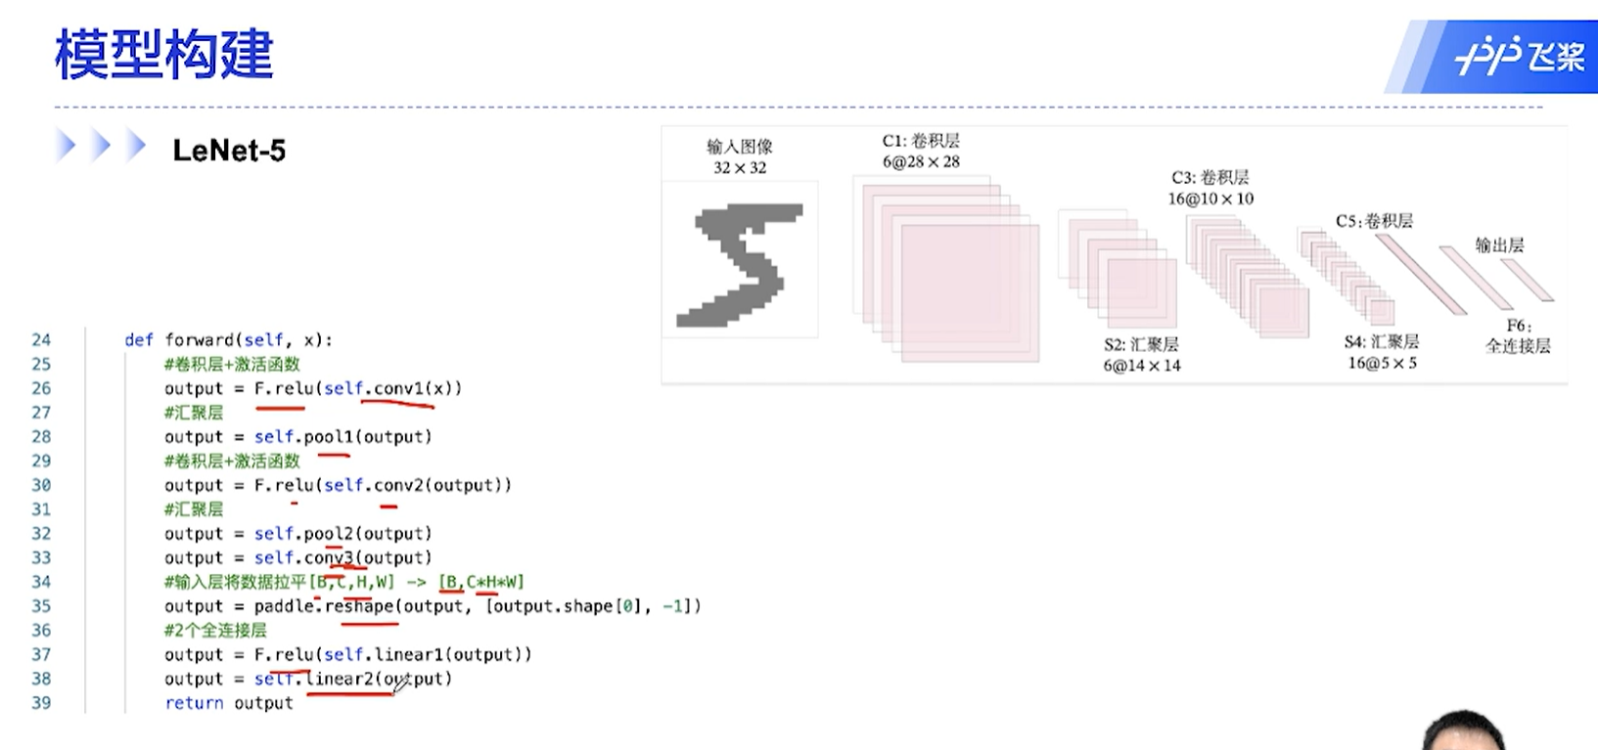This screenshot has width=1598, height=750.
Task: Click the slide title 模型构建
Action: pos(163,55)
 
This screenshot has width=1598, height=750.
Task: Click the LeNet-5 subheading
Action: pos(229,151)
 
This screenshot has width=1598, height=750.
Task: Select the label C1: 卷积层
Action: pos(921,141)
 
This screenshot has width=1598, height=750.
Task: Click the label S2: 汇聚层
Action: pos(1141,344)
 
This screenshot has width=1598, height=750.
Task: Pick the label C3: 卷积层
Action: pos(1210,177)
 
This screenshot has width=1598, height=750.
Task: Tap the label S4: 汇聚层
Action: pos(1382,341)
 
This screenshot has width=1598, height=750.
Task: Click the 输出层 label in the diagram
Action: pos(1499,244)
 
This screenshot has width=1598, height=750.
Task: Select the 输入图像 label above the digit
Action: pos(740,147)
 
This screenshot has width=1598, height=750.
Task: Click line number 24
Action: pos(41,340)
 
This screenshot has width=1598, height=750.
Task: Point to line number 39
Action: pos(41,703)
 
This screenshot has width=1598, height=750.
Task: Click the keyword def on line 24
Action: pos(139,340)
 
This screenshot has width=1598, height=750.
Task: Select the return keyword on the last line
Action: pos(194,703)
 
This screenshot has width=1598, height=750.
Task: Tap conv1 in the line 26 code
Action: pos(396,388)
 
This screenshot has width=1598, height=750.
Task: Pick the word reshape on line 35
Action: pos(359,606)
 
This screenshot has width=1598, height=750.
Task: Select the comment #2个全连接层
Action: pos(215,631)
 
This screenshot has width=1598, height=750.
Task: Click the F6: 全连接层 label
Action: pos(1518,335)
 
